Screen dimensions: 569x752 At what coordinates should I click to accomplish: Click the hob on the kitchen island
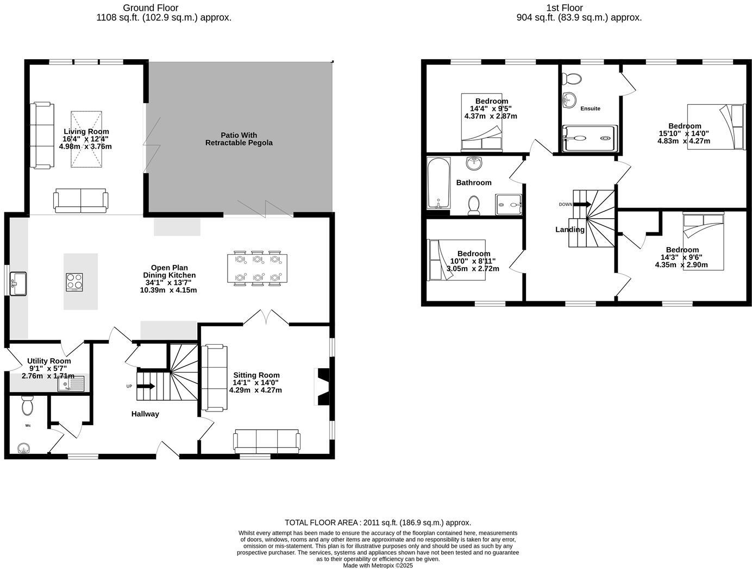[x=74, y=282]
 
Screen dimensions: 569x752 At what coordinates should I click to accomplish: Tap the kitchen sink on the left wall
[x=18, y=283]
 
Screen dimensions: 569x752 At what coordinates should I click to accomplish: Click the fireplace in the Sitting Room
[x=322, y=387]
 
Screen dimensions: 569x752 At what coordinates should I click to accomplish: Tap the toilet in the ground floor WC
[x=27, y=406]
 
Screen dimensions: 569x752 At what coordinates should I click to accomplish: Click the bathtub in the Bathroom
[x=438, y=183]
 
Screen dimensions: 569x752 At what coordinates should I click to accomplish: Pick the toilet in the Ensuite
[x=572, y=78]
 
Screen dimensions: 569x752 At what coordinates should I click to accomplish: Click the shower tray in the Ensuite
[x=589, y=138]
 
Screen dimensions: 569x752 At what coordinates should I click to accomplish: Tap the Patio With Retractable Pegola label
[x=239, y=139]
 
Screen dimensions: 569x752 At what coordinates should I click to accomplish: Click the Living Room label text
[x=86, y=131]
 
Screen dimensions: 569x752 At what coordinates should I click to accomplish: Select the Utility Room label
[x=49, y=361]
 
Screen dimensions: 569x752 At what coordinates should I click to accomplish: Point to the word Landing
[x=569, y=230]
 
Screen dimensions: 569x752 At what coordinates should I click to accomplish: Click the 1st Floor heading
[x=579, y=8]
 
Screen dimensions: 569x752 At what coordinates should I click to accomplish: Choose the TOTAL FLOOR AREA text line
[x=378, y=522]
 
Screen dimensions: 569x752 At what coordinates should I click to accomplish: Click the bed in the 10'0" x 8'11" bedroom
[x=456, y=260]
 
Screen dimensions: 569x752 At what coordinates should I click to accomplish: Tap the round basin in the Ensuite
[x=569, y=100]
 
